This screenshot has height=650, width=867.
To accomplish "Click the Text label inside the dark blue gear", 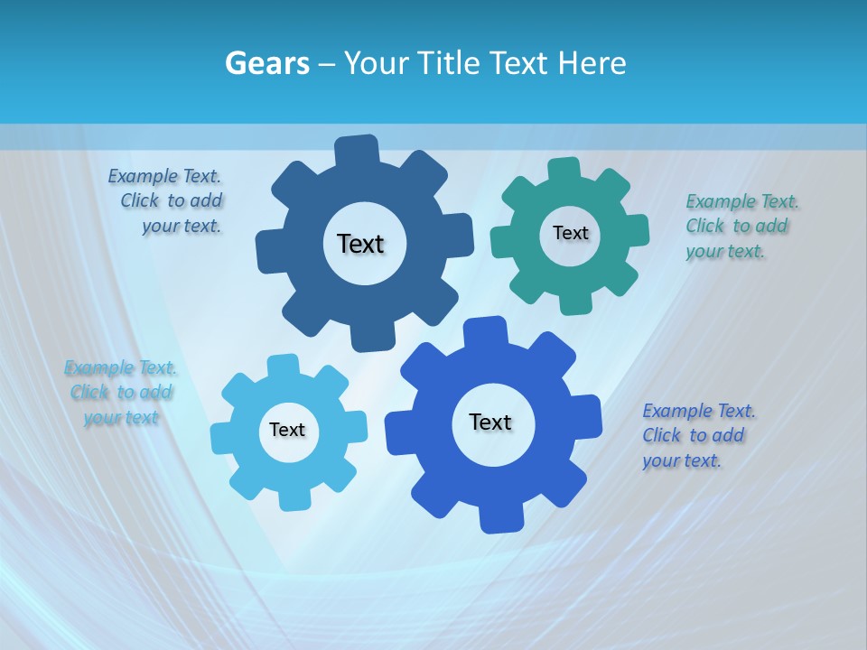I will [360, 244].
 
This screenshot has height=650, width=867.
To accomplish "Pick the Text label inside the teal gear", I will [570, 233].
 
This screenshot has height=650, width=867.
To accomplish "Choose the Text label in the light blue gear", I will [287, 430].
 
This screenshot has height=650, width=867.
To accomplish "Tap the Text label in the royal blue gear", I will [490, 422].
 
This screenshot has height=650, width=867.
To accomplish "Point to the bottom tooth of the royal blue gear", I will [499, 518].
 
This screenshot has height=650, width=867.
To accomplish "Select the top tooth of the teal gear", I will [564, 169].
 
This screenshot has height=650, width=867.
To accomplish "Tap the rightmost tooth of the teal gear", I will [637, 230].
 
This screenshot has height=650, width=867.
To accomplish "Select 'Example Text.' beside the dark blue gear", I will [164, 176].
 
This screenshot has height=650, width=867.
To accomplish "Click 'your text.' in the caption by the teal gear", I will [725, 251].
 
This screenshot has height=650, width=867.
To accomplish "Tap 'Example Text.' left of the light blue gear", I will [120, 367].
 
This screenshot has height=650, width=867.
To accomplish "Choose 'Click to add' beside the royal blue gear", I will [694, 435].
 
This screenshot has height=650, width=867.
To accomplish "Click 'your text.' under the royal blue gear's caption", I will [682, 460].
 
